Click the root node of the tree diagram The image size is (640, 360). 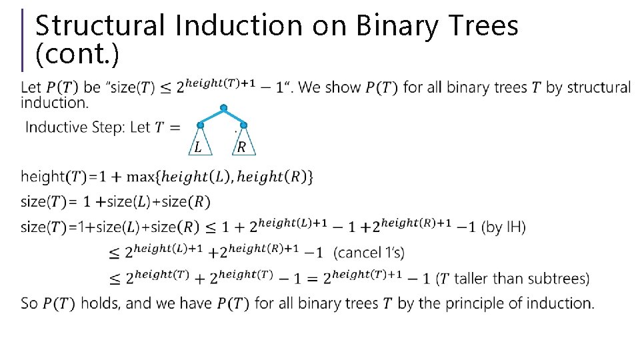(x=223, y=107)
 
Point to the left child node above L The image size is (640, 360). (x=200, y=125)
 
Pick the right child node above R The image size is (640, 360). (x=243, y=125)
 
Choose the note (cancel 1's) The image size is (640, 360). (x=369, y=253)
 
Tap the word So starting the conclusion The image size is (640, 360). (x=29, y=303)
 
